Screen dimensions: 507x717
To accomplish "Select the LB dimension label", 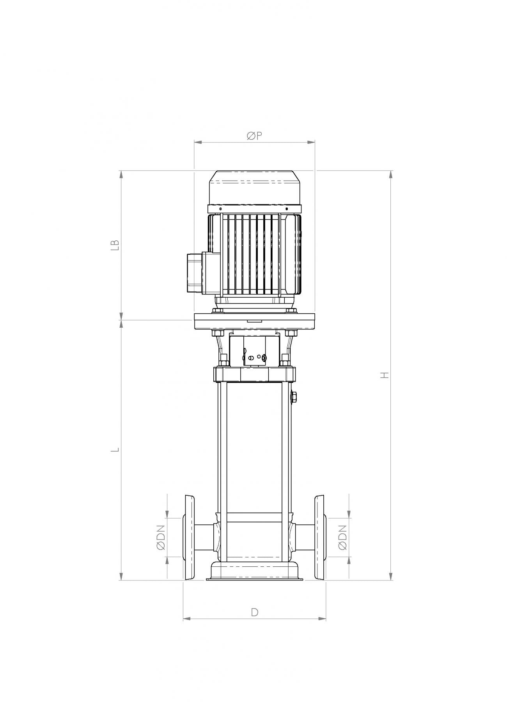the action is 115,245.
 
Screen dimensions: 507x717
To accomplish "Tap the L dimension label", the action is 115,449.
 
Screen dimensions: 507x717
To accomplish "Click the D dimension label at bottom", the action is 254,612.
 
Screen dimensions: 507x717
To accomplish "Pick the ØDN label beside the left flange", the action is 161,538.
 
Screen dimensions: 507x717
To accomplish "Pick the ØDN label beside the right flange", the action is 342,538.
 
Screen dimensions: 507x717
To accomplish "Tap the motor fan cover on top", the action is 255,188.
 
